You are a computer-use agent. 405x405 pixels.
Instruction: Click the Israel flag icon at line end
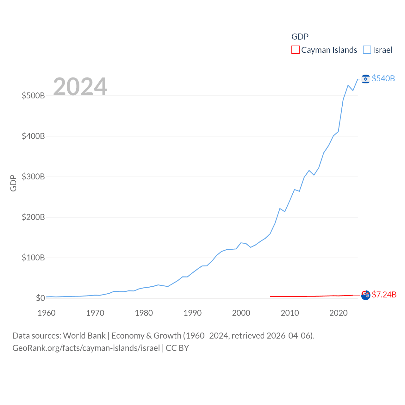click(x=365, y=79)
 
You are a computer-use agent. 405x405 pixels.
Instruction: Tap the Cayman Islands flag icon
click(x=365, y=295)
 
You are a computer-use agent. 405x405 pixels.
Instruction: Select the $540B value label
click(x=383, y=78)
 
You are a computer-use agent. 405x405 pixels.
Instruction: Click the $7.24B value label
click(x=384, y=295)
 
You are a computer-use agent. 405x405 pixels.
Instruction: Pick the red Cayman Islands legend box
click(x=295, y=50)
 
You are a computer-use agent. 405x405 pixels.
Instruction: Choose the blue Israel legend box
click(x=367, y=50)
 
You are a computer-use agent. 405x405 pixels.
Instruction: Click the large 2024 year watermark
click(x=80, y=86)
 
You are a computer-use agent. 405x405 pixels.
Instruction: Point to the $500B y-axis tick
click(x=33, y=96)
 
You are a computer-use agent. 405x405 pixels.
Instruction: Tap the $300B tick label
click(x=33, y=177)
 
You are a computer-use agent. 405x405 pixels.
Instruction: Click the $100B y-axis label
click(x=33, y=258)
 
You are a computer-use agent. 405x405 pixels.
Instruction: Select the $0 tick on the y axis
click(x=40, y=298)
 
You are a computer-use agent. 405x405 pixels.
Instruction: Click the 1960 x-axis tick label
click(x=47, y=313)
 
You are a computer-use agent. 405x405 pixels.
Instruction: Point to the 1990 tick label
click(x=192, y=313)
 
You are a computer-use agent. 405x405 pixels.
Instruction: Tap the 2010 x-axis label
click(x=290, y=313)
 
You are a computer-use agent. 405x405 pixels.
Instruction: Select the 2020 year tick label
click(x=339, y=313)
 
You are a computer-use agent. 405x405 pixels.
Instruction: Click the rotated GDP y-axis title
click(x=13, y=183)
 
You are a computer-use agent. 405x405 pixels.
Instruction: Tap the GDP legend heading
click(x=300, y=37)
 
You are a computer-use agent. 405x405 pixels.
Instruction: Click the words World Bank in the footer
click(x=84, y=336)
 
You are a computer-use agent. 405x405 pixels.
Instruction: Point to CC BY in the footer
click(x=177, y=348)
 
